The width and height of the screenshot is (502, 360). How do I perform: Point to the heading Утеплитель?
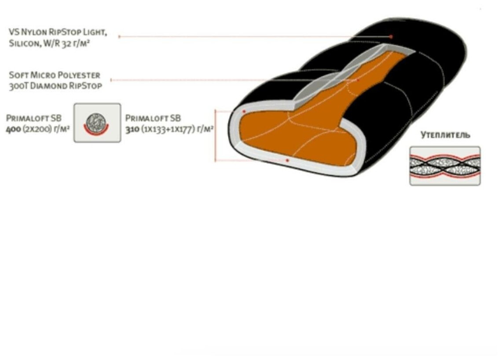coord(445,135)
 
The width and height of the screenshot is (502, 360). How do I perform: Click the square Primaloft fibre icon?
coord(97,123)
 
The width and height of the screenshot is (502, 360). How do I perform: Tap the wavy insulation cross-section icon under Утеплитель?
coord(445,166)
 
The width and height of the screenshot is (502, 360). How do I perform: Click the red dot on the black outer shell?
coord(391,36)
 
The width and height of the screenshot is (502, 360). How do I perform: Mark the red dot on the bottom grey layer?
coord(287,160)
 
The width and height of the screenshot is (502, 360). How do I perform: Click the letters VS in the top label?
coord(14,33)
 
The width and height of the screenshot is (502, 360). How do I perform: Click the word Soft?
coord(18,75)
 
